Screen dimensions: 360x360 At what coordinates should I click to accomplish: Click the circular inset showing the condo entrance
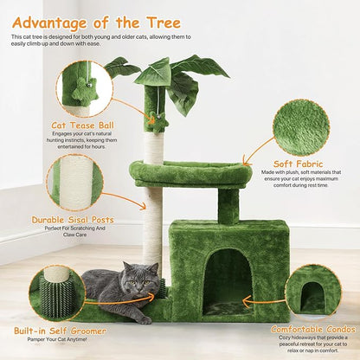313,292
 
